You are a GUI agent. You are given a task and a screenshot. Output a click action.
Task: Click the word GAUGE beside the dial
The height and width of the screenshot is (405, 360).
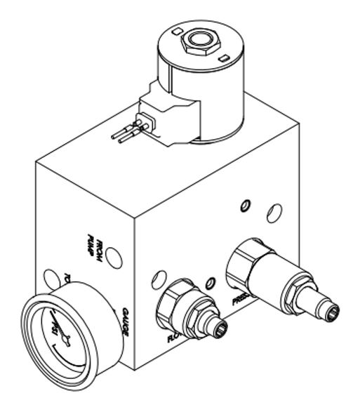tap(124, 322)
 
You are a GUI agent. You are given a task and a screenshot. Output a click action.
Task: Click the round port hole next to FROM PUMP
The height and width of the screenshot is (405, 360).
tap(115, 258)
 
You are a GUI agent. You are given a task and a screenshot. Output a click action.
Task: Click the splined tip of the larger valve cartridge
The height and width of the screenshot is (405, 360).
tap(330, 309)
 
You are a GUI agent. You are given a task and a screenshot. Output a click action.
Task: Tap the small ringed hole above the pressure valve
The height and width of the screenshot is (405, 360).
tap(244, 205)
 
